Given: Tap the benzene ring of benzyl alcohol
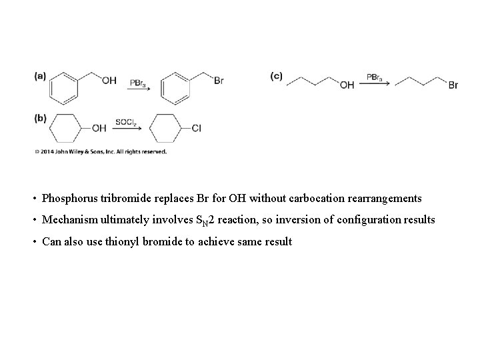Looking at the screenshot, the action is [x=65, y=88].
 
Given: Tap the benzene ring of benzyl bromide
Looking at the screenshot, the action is [x=177, y=88].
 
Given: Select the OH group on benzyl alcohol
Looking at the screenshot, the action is [x=109, y=81].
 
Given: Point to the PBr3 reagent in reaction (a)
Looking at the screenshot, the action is [x=138, y=83].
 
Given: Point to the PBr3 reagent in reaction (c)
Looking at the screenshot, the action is [x=375, y=77].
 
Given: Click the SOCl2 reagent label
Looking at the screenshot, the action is [x=126, y=123].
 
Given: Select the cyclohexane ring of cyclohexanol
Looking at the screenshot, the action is [x=65, y=128].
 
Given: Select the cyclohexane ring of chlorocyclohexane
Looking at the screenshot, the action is [x=167, y=128].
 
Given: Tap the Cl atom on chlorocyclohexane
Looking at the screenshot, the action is [x=196, y=128].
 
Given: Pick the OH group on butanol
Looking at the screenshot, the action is [x=347, y=85].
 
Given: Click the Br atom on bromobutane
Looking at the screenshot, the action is [x=453, y=85].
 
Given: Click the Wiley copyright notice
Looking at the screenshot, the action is [x=100, y=152].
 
